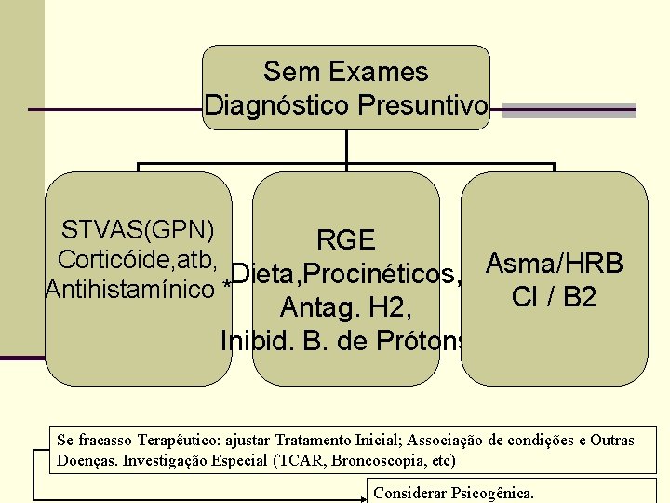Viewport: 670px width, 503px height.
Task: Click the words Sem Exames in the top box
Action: (x=345, y=72)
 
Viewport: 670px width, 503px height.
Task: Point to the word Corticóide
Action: (x=110, y=260)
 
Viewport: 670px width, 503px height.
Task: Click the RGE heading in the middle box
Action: (x=345, y=240)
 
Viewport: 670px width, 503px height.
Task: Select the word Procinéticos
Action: (x=382, y=275)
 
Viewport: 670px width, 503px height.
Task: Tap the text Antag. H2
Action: (x=345, y=307)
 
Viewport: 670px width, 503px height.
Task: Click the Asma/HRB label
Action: (x=554, y=264)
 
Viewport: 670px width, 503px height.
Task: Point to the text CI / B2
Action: (x=554, y=297)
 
